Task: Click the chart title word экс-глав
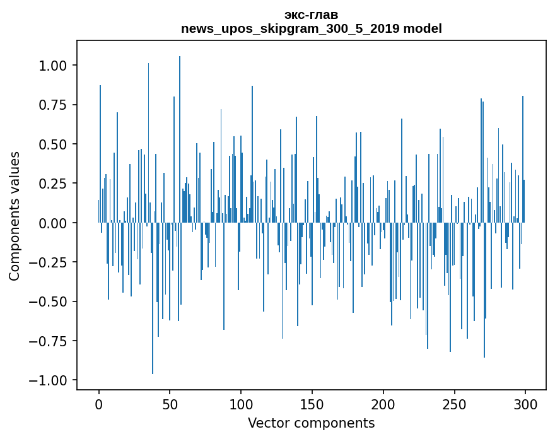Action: point(311,15)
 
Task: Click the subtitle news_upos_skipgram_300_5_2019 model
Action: point(311,29)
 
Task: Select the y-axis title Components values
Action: point(14,216)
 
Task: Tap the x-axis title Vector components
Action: point(311,423)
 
